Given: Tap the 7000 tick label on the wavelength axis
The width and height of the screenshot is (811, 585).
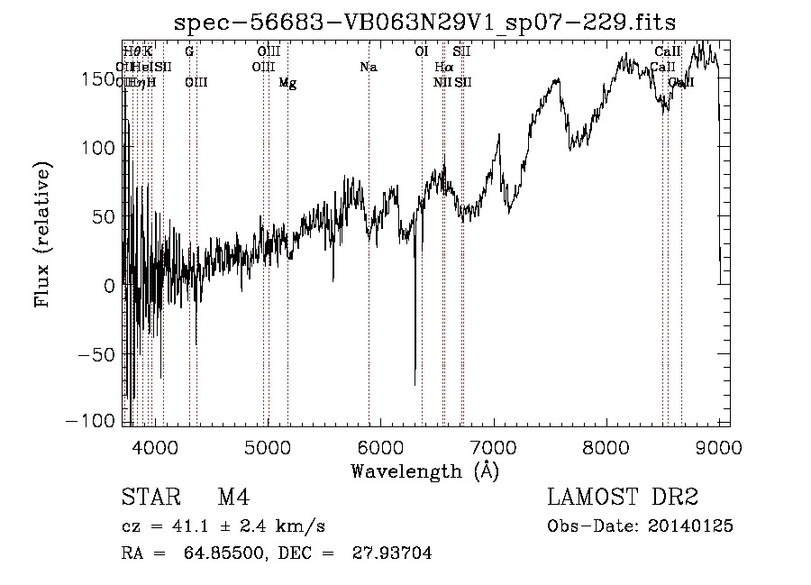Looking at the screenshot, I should coord(493,446).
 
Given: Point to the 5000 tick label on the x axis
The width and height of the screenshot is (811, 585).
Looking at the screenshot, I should coord(268,446).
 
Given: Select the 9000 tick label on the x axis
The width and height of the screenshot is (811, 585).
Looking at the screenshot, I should coord(718,446).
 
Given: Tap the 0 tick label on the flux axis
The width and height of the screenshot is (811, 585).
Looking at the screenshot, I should coord(110,285).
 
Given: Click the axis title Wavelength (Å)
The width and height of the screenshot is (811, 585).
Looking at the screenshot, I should coord(424,471).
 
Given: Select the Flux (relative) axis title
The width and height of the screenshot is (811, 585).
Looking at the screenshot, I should coord(43,234).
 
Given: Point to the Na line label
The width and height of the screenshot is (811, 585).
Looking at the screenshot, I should coord(368,68).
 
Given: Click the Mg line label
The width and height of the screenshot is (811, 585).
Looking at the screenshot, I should coord(287,83).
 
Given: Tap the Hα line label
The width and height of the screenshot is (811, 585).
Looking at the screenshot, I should coord(442,68).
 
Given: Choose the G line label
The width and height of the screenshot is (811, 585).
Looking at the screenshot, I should coord(189,52).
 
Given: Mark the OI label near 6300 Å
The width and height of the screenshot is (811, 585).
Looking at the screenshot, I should coord(421,52).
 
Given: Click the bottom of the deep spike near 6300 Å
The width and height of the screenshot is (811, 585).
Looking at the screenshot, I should coord(415,384).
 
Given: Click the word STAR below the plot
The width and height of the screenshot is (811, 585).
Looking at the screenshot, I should coord(149,498).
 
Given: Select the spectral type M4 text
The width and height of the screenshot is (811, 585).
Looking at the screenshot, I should coord(233,498).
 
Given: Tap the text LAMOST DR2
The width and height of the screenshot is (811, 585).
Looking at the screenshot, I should coord(623,498).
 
